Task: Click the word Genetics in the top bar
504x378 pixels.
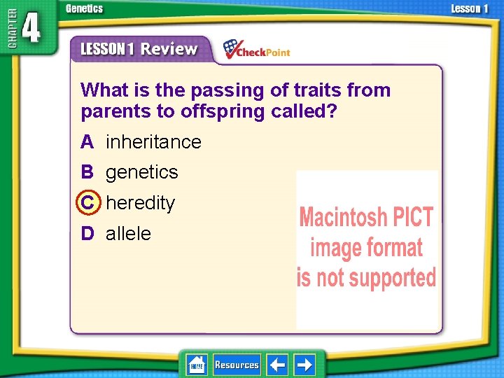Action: (x=84, y=8)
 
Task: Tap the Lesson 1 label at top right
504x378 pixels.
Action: (x=470, y=8)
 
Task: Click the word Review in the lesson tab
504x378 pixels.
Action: (x=169, y=49)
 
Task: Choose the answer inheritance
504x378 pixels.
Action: (x=153, y=142)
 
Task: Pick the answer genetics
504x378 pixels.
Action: (x=141, y=172)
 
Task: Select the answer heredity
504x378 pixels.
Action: (x=140, y=203)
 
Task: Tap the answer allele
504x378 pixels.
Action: (x=128, y=233)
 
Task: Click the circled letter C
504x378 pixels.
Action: (x=87, y=203)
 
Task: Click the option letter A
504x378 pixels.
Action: (x=87, y=142)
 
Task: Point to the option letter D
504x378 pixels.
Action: (x=87, y=233)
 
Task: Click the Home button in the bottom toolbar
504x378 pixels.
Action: (x=197, y=365)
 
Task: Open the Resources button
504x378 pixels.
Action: (x=237, y=365)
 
